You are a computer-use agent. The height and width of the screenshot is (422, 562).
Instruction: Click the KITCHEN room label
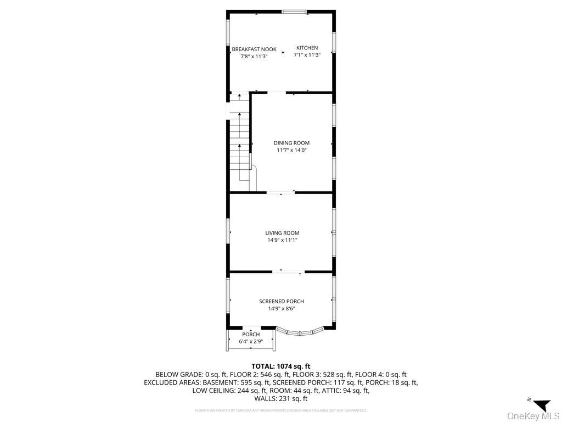[x=307, y=48]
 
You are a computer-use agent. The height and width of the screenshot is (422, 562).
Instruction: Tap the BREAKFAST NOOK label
[x=254, y=49]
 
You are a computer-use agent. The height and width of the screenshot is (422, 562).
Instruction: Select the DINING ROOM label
[x=291, y=143]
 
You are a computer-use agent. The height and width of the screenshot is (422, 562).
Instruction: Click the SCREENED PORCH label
[x=281, y=301]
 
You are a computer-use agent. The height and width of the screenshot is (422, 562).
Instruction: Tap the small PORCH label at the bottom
[x=251, y=334]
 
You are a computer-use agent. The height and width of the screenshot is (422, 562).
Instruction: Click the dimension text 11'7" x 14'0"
[x=291, y=150]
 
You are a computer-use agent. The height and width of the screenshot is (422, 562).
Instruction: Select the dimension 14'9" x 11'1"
[x=282, y=240]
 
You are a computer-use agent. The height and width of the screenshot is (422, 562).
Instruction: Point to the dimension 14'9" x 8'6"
[x=281, y=308]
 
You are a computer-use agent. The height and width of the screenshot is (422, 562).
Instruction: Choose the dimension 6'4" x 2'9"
[x=251, y=341]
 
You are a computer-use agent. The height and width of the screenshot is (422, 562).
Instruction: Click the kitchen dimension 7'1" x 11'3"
[x=307, y=55]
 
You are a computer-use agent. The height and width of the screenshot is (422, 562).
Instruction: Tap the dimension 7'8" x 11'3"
[x=250, y=56]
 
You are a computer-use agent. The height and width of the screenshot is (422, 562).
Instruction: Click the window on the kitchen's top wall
[x=294, y=12]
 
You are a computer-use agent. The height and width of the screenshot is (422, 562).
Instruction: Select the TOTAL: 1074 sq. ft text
[x=280, y=366]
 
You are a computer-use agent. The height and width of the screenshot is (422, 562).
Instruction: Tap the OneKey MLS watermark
[x=533, y=415]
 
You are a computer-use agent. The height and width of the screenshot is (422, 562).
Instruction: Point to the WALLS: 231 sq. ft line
[x=280, y=399]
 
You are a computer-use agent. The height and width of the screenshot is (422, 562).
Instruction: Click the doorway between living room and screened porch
[x=289, y=271]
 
